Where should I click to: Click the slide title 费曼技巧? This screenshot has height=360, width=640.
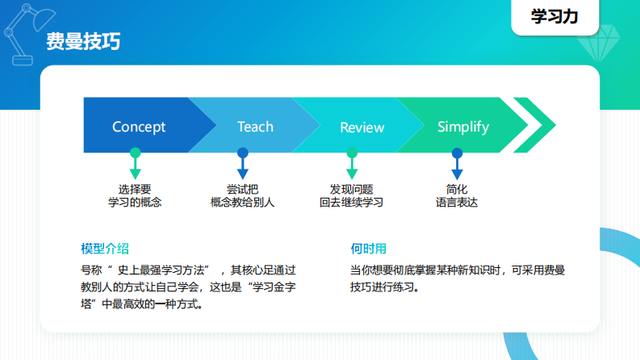83,42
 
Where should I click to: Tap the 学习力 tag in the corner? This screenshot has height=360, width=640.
554,17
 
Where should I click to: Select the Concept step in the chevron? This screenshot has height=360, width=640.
139,127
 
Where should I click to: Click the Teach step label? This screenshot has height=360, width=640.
255,127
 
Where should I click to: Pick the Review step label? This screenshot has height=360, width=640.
362,128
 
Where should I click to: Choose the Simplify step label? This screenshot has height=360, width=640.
462,127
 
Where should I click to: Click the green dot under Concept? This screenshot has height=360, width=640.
135,153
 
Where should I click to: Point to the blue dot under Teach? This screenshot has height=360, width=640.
242,153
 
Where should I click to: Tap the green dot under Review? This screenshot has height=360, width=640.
351,153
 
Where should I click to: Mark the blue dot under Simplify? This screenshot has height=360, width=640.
457,153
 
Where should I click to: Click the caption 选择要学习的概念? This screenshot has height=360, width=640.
135,195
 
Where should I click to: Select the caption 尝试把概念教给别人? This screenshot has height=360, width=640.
242,195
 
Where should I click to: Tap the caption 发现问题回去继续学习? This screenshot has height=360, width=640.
351,195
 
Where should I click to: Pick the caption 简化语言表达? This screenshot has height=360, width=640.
457,195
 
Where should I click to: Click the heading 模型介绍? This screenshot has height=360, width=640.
105,247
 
